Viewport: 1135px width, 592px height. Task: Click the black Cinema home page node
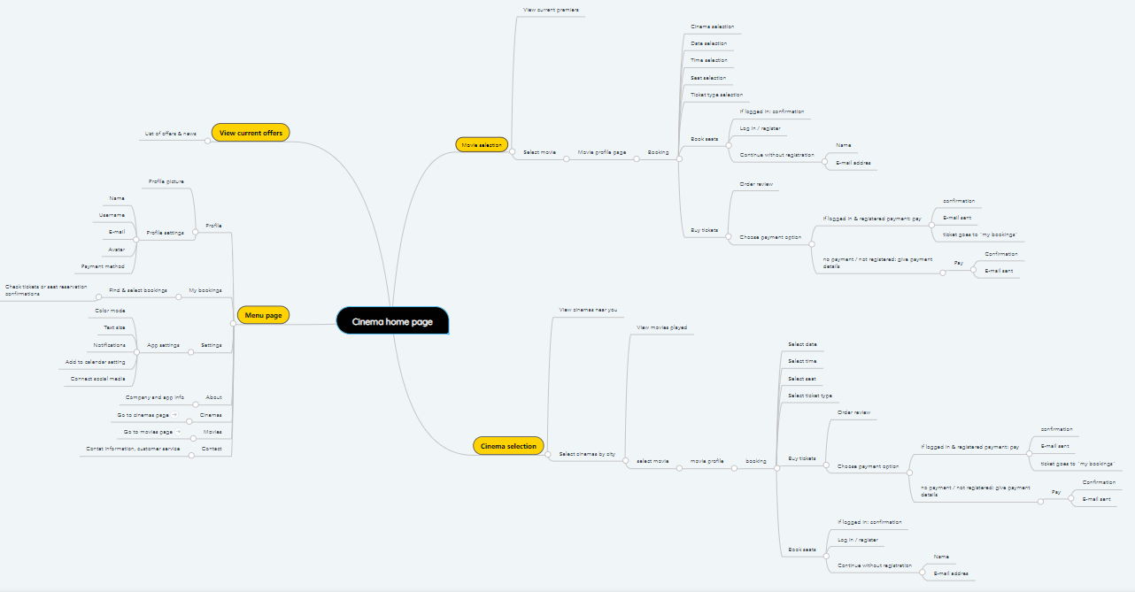[x=392, y=321]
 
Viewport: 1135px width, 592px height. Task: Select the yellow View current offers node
[x=251, y=133]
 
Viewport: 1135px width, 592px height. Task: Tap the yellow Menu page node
[x=263, y=315]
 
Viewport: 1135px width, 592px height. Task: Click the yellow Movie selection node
[x=482, y=144]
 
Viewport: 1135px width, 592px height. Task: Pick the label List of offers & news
[x=171, y=134]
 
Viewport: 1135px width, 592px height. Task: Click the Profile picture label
[x=166, y=181]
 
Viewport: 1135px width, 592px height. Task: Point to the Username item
[x=112, y=215]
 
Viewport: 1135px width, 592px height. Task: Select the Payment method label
[x=104, y=265]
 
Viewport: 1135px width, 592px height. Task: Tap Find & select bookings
[x=138, y=290]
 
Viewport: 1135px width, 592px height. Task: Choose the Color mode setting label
[x=111, y=311]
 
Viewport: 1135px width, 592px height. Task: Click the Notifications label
[x=110, y=344]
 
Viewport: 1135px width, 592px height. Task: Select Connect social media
[x=98, y=378]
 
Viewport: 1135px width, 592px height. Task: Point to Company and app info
[x=155, y=397]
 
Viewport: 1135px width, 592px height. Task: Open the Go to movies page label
[x=148, y=432]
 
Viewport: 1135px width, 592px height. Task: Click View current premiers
[x=551, y=10]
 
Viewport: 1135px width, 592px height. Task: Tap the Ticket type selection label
[x=716, y=95]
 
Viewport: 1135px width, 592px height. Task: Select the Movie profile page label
[x=602, y=152]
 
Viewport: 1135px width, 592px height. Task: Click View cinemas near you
[x=588, y=310]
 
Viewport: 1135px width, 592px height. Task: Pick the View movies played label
[x=661, y=327]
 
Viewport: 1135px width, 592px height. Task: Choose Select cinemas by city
[x=587, y=454]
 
